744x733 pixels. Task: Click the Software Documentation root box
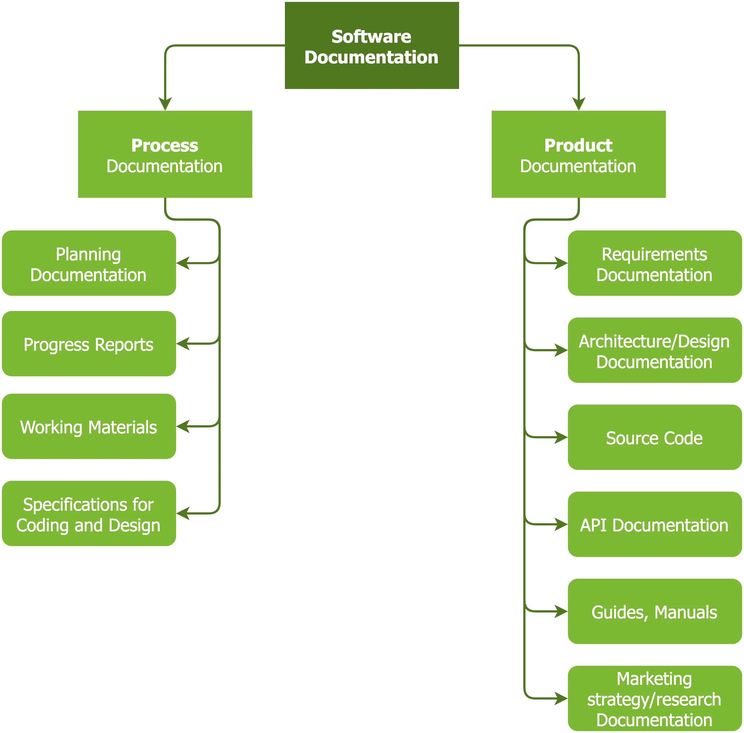(372, 45)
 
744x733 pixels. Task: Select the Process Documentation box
(165, 154)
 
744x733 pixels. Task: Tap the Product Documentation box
(579, 154)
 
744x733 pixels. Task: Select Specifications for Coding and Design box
(88, 513)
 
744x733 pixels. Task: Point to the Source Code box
(655, 437)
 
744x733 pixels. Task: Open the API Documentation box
(655, 524)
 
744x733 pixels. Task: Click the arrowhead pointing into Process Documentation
(165, 104)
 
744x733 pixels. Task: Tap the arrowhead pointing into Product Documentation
(579, 104)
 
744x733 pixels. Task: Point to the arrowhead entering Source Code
(561, 437)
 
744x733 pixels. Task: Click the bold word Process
(165, 145)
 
